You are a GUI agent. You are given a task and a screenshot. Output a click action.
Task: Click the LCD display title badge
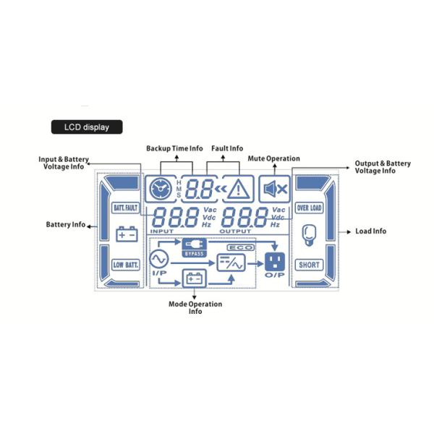86,127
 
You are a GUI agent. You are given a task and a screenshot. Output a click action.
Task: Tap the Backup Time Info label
174,148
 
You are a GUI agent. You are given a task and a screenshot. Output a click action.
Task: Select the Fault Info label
227,148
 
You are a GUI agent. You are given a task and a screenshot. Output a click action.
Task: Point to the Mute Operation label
274,158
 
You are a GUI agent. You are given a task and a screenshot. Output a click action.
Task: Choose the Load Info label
370,231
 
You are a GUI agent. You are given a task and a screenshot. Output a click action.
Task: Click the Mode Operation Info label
195,307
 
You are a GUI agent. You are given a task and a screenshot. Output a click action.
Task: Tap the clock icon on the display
157,190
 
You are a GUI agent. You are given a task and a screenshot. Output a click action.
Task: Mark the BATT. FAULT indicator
125,208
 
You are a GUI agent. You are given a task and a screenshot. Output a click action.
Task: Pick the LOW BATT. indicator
125,265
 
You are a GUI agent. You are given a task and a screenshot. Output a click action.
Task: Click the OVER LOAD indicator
309,208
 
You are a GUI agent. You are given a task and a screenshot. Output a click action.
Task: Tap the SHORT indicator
309,265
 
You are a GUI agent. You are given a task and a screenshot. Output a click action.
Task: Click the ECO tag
238,247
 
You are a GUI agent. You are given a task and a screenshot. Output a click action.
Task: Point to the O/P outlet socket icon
276,260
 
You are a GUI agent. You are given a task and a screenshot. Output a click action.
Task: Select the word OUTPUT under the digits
235,231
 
